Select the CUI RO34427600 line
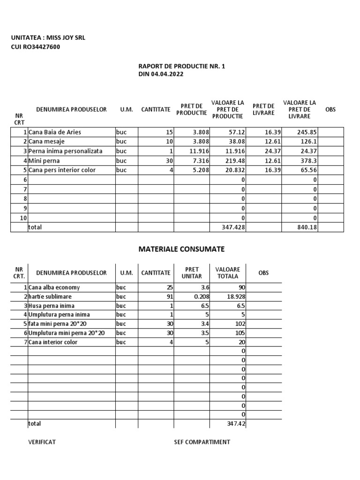pyautogui.click(x=35, y=47)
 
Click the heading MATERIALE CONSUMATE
pyautogui.click(x=181, y=249)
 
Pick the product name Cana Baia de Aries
pyautogui.click(x=55, y=132)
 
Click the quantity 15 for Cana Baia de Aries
pyautogui.click(x=169, y=132)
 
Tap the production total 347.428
pyautogui.click(x=233, y=227)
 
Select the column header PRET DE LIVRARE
pyautogui.click(x=263, y=109)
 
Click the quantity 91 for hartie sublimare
pyautogui.click(x=169, y=296)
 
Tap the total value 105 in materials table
pyautogui.click(x=240, y=333)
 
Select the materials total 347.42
pyautogui.click(x=235, y=424)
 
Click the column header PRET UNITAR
pyautogui.click(x=191, y=273)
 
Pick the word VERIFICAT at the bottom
pyautogui.click(x=42, y=442)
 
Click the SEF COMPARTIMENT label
pyautogui.click(x=202, y=442)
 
